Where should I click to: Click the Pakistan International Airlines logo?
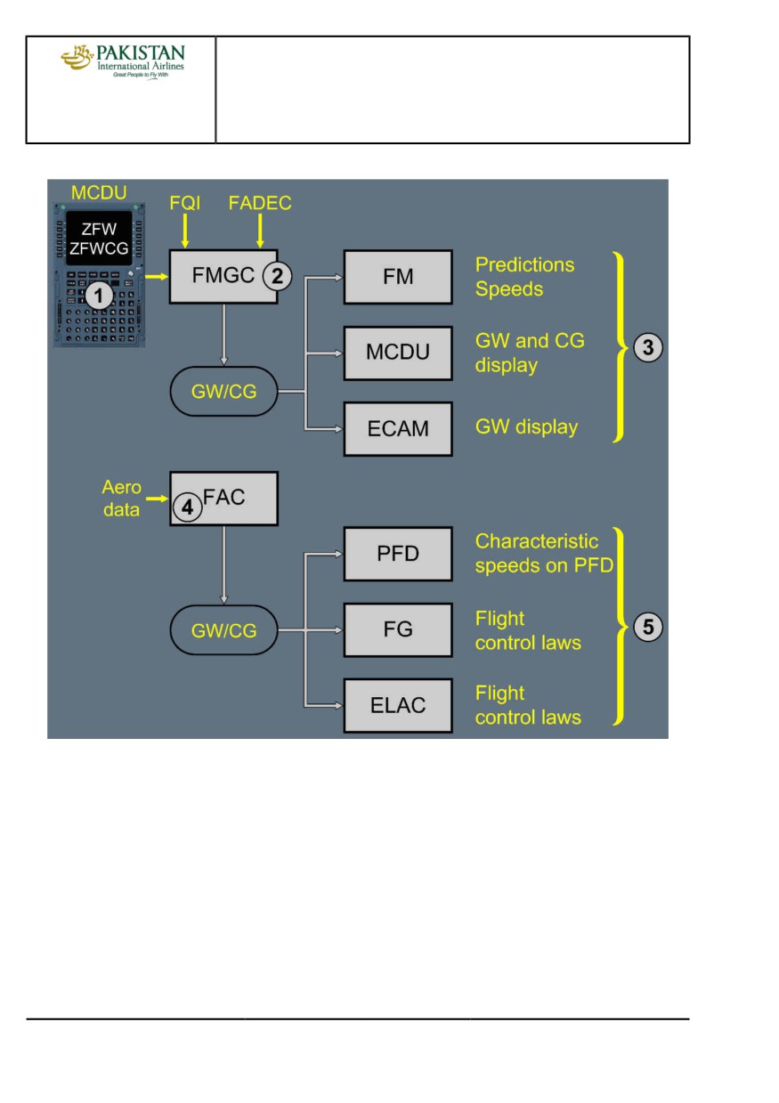123,61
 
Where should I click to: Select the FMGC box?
223,276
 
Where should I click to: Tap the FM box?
398,277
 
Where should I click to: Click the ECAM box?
398,428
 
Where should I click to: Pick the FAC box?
223,499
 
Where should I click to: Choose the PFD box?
398,554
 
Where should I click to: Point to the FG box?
398,629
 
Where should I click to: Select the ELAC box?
398,705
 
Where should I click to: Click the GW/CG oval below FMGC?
223,392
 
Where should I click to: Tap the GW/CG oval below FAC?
223,629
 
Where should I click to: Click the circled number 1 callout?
99,296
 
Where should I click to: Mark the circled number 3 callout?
647,348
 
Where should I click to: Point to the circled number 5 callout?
647,627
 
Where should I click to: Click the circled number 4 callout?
187,507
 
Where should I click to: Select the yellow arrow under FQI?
184,231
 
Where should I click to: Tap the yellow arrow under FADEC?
260,231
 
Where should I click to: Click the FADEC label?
260,203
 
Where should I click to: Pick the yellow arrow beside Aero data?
157,499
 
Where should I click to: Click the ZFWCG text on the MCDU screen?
99,248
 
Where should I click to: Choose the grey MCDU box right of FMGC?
398,353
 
